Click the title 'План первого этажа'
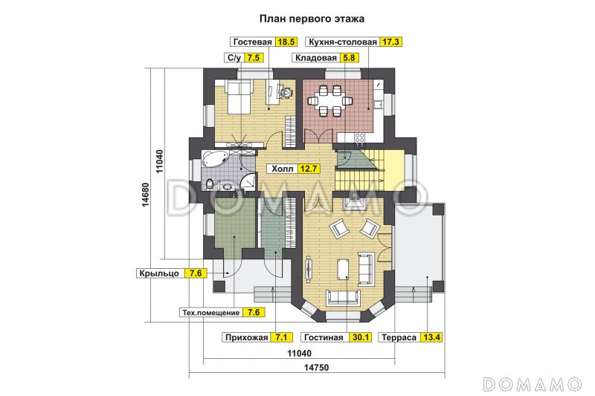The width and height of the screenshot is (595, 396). (312, 19)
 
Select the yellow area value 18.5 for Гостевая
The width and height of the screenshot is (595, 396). (286, 42)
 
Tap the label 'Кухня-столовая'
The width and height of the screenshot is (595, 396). (343, 42)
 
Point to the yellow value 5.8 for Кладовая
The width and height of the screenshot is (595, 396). (349, 58)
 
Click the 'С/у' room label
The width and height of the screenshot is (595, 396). (234, 58)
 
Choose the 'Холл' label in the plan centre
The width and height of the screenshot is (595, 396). (283, 169)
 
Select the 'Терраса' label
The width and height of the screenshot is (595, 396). (399, 337)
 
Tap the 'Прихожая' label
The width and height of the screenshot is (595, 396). (247, 337)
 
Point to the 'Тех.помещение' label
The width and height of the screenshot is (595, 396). (211, 312)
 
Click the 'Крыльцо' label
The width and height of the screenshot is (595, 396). (159, 273)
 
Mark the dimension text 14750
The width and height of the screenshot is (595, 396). (316, 367)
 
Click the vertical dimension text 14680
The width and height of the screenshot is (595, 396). (146, 195)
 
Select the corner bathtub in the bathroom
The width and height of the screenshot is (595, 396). (213, 158)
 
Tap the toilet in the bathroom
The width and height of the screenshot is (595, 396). (210, 184)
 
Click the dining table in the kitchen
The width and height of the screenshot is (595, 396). (329, 101)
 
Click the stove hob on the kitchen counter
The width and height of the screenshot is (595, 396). (359, 138)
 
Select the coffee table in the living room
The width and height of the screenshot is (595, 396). (344, 270)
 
